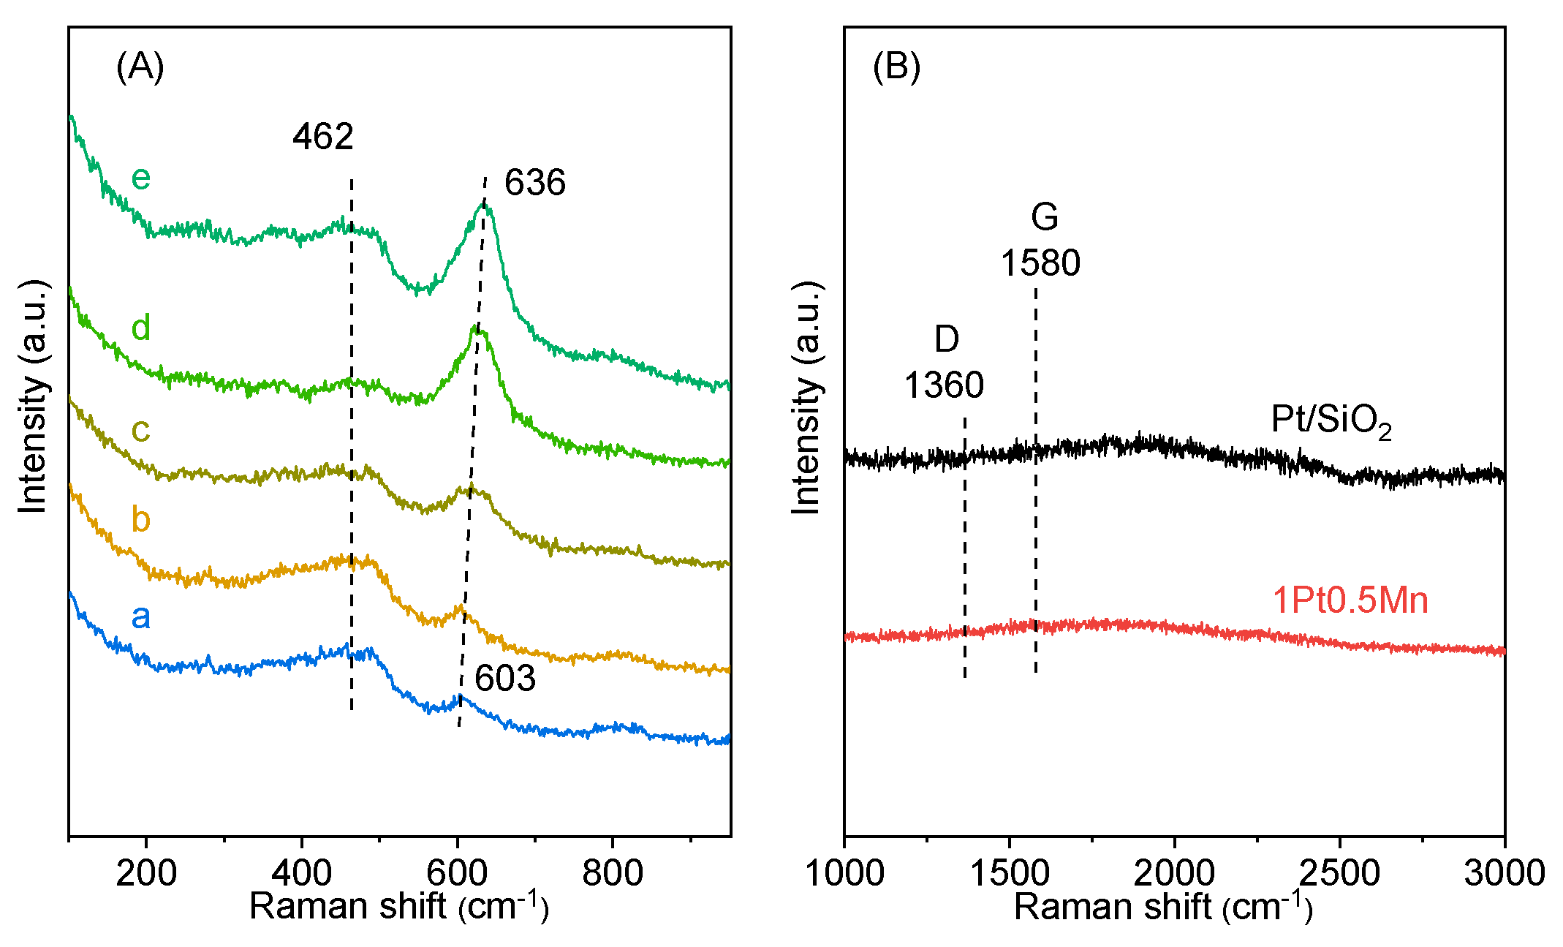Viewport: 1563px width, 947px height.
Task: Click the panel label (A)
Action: click(x=140, y=67)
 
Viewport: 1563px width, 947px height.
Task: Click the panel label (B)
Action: click(x=896, y=67)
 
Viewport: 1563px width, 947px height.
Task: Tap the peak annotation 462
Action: click(x=322, y=137)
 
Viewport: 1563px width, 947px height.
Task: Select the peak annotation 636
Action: click(x=534, y=182)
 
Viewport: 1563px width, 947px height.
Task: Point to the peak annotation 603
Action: click(x=504, y=679)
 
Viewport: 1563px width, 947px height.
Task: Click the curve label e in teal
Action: click(x=140, y=178)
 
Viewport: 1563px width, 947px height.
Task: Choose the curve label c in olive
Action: click(x=140, y=430)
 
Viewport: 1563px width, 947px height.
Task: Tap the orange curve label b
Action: click(x=140, y=519)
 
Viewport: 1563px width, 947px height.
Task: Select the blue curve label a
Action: click(x=140, y=616)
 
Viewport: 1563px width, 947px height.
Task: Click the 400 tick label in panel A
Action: click(x=301, y=872)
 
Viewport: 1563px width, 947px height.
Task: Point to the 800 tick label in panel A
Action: click(x=612, y=872)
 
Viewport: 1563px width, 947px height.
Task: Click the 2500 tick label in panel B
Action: click(x=1339, y=872)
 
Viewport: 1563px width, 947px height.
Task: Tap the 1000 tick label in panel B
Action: click(x=844, y=872)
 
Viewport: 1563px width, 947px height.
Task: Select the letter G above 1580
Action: click(x=1044, y=217)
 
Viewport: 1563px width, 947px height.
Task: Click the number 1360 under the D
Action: click(x=944, y=385)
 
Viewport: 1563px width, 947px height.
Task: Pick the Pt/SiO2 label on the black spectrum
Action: click(x=1331, y=421)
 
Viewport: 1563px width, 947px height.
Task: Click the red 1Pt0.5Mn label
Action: click(x=1350, y=600)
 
